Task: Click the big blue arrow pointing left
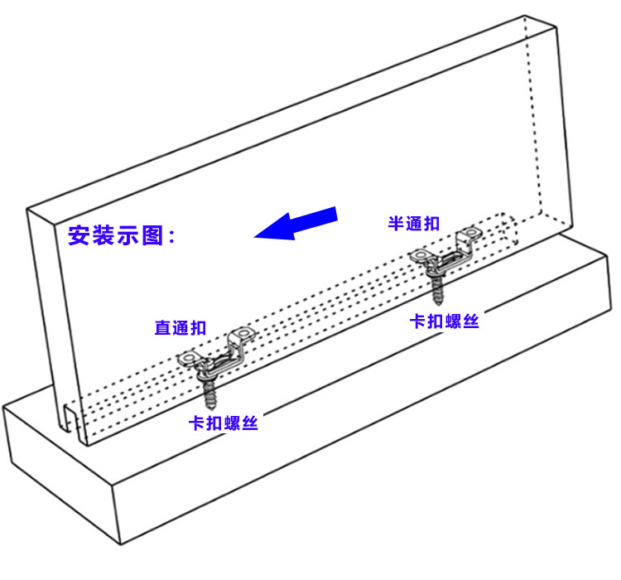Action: (298, 224)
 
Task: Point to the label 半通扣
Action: (414, 224)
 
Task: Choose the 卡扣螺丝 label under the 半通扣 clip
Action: (445, 321)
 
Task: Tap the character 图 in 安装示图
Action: (152, 235)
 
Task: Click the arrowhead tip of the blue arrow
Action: (257, 234)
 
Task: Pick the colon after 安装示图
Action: (171, 237)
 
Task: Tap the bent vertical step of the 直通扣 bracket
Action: (231, 346)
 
